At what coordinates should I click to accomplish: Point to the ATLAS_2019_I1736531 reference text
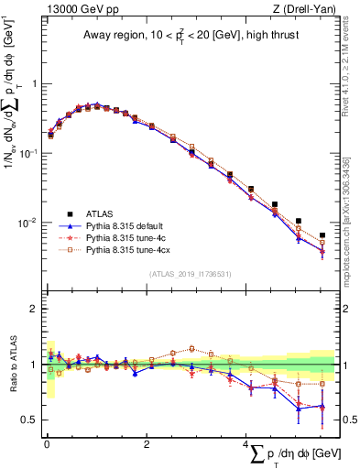(190, 273)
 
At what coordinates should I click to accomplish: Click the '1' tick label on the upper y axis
(33, 83)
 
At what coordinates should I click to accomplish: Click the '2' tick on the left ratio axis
(33, 309)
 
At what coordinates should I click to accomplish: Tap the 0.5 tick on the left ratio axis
(29, 420)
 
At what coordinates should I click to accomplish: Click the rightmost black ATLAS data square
(322, 235)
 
